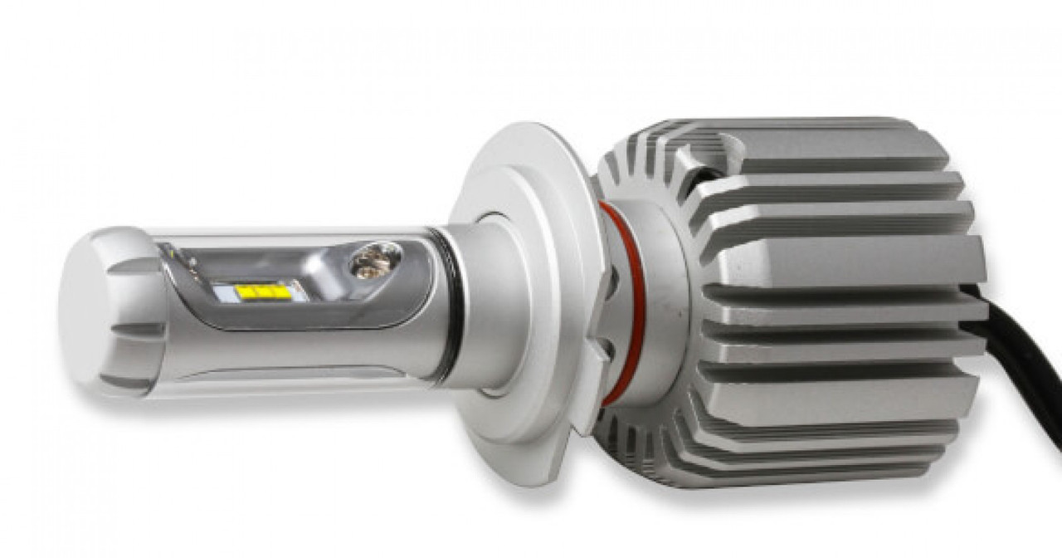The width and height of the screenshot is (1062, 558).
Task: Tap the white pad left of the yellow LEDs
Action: click(x=225, y=292)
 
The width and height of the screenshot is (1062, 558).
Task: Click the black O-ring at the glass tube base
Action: click(x=453, y=307)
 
